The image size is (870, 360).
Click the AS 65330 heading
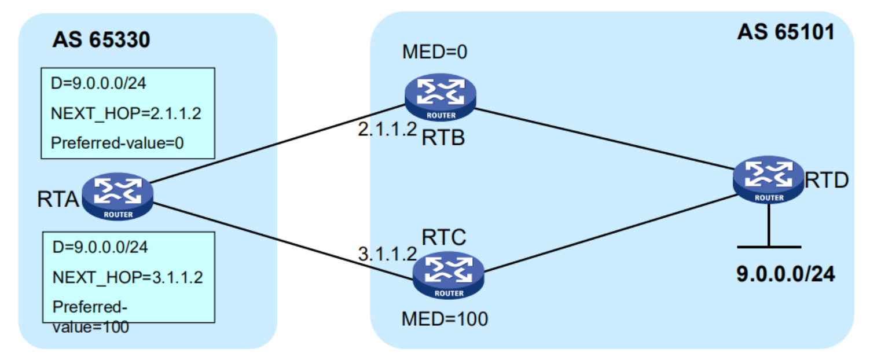point(101,40)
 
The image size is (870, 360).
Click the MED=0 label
point(435,53)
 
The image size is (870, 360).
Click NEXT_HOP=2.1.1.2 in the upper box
point(127,113)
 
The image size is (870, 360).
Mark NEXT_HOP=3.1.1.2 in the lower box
point(127,278)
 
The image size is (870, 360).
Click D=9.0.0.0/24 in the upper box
point(99,84)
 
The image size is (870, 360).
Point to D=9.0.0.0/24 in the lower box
point(100,248)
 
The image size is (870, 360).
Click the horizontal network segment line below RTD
point(769,247)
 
